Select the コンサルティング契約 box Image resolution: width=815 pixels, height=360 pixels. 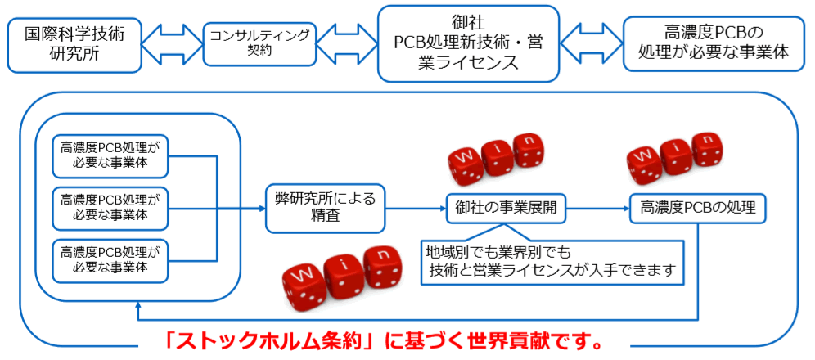coord(259,43)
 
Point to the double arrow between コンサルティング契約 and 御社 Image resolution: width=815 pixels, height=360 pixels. coord(346,44)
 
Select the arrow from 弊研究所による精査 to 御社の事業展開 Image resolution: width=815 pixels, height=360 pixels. coord(415,208)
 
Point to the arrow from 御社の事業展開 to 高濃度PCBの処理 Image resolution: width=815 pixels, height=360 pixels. coord(597,208)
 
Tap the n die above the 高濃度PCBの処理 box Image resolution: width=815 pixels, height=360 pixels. coord(707,149)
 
